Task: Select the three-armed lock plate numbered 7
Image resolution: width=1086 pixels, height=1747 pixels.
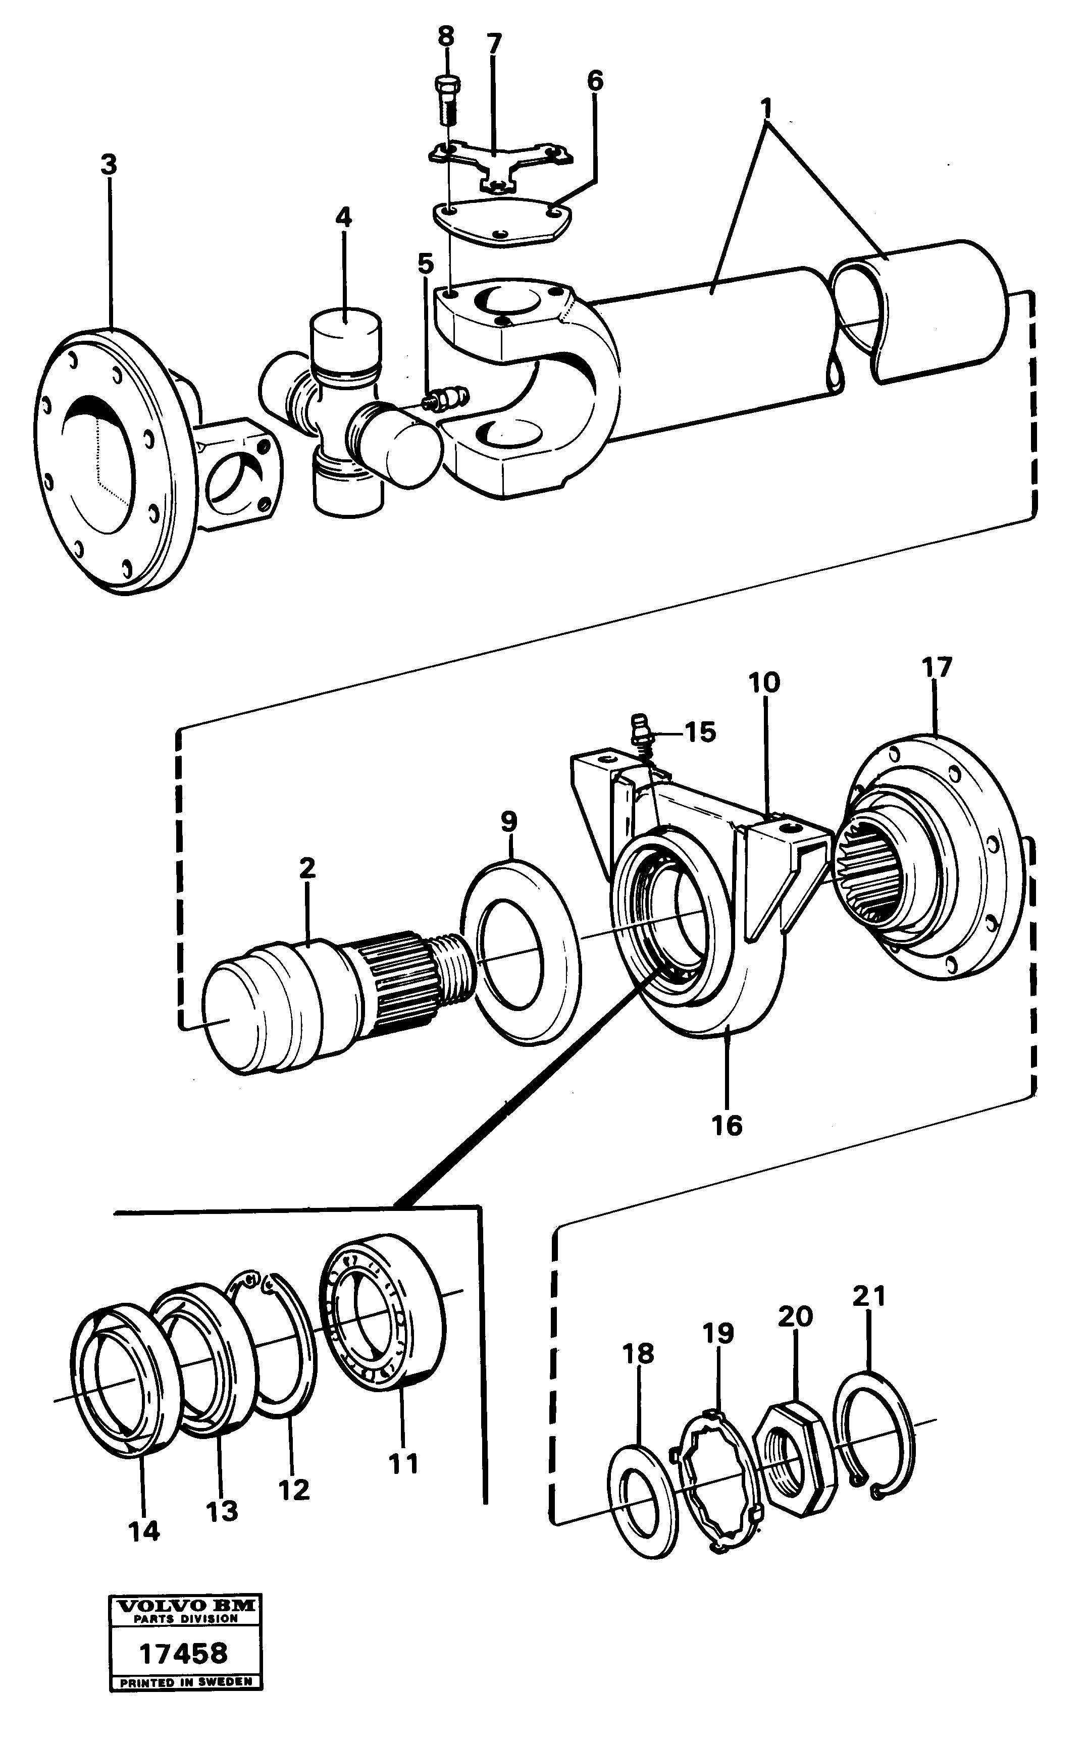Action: tap(501, 162)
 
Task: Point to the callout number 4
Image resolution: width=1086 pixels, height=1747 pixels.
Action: tap(343, 217)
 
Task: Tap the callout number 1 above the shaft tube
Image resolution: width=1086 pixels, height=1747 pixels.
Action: tap(766, 109)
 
